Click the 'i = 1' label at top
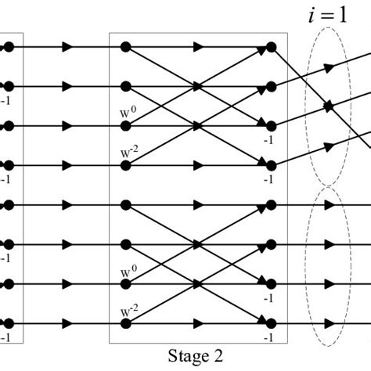point(326,16)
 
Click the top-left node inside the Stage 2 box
point(125,47)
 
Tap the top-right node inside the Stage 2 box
point(271,47)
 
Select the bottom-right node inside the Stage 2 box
point(271,323)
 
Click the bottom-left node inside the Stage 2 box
point(125,323)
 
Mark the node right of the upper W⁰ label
point(125,125)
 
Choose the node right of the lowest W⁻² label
point(125,323)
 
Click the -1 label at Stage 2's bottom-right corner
point(268,337)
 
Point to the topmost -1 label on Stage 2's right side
point(268,139)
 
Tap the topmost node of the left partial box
point(9,47)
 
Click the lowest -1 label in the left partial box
point(6,337)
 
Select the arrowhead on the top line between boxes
point(68,47)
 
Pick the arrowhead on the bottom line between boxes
point(68,323)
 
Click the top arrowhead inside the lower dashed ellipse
point(330,206)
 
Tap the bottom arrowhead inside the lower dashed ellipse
point(330,323)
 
